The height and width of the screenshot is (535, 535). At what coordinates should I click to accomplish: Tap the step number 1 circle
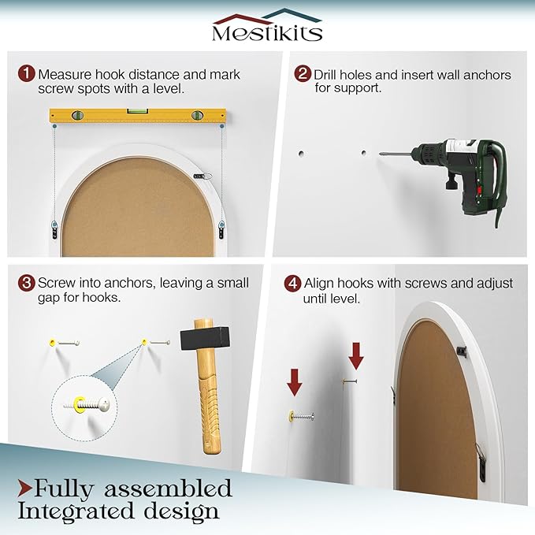(x=26, y=73)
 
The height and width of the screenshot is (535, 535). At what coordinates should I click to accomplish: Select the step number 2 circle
(x=303, y=73)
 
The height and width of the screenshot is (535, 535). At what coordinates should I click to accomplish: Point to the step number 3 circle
(x=26, y=283)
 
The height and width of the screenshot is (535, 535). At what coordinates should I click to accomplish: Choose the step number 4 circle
(x=292, y=283)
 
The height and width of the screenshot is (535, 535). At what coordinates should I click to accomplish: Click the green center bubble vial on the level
(x=138, y=111)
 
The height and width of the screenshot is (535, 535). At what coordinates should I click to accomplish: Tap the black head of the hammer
(x=205, y=338)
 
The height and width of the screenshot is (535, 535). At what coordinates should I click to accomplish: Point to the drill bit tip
(x=380, y=154)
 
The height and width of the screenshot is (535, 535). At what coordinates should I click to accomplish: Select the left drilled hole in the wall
(x=301, y=154)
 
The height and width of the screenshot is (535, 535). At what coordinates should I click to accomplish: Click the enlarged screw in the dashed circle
(x=87, y=404)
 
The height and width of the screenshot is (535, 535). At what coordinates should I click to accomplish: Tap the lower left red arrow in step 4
(x=295, y=382)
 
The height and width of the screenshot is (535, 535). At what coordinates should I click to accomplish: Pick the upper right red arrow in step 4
(x=356, y=356)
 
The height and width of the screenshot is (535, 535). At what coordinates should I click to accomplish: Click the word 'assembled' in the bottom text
(x=168, y=489)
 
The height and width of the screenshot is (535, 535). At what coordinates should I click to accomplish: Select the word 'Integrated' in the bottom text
(x=76, y=512)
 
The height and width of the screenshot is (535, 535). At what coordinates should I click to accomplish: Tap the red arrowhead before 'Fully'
(x=24, y=489)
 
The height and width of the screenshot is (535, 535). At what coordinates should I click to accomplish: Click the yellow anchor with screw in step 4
(x=301, y=416)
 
